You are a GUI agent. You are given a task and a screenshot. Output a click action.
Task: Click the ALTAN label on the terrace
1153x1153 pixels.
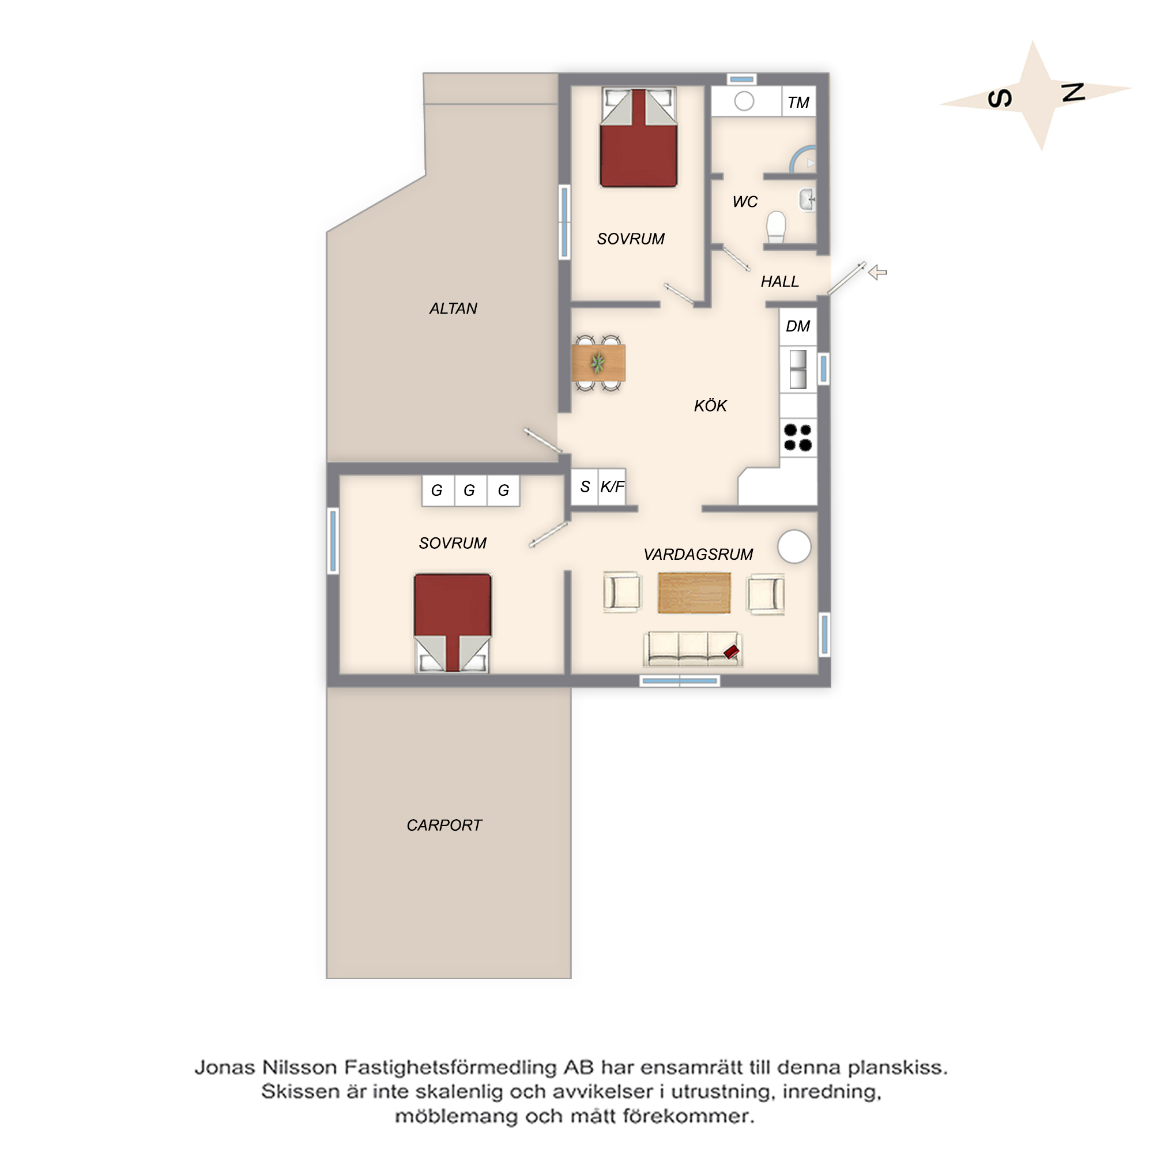click(x=453, y=308)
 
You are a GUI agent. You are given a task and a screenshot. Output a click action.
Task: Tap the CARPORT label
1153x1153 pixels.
click(x=444, y=826)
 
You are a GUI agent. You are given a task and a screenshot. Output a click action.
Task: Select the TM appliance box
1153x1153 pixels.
click(x=798, y=101)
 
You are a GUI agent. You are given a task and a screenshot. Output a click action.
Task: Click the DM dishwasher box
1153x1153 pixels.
click(x=798, y=326)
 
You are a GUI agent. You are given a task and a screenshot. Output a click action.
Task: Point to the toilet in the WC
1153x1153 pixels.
click(x=776, y=227)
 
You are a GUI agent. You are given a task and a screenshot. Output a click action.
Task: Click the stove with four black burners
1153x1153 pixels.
click(x=798, y=438)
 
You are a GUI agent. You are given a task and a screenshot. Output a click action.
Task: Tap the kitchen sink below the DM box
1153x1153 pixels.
click(x=798, y=370)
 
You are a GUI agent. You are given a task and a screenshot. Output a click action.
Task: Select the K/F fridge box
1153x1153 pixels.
click(x=612, y=487)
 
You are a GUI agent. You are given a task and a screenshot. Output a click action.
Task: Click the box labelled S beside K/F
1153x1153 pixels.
click(x=585, y=487)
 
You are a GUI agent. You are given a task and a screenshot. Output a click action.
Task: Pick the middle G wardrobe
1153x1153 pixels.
click(x=470, y=491)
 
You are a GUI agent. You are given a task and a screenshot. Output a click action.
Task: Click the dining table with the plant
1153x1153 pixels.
click(x=598, y=363)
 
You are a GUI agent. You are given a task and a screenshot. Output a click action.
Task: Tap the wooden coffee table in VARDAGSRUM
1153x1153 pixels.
click(x=694, y=593)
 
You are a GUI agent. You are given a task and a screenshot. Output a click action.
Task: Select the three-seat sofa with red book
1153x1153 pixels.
click(x=693, y=649)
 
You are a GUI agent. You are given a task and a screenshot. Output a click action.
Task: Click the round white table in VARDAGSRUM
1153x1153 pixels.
click(x=794, y=547)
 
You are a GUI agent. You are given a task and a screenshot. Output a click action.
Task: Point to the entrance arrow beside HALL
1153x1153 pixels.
click(x=877, y=273)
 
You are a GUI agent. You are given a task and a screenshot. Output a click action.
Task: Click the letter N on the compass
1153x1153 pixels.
click(x=1073, y=92)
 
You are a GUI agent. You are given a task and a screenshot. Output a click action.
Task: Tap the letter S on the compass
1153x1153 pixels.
click(x=1000, y=99)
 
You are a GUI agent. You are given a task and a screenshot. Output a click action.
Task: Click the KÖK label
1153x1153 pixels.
click(x=710, y=406)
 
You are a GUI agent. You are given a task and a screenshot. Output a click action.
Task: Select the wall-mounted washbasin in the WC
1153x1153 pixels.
click(x=808, y=199)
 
